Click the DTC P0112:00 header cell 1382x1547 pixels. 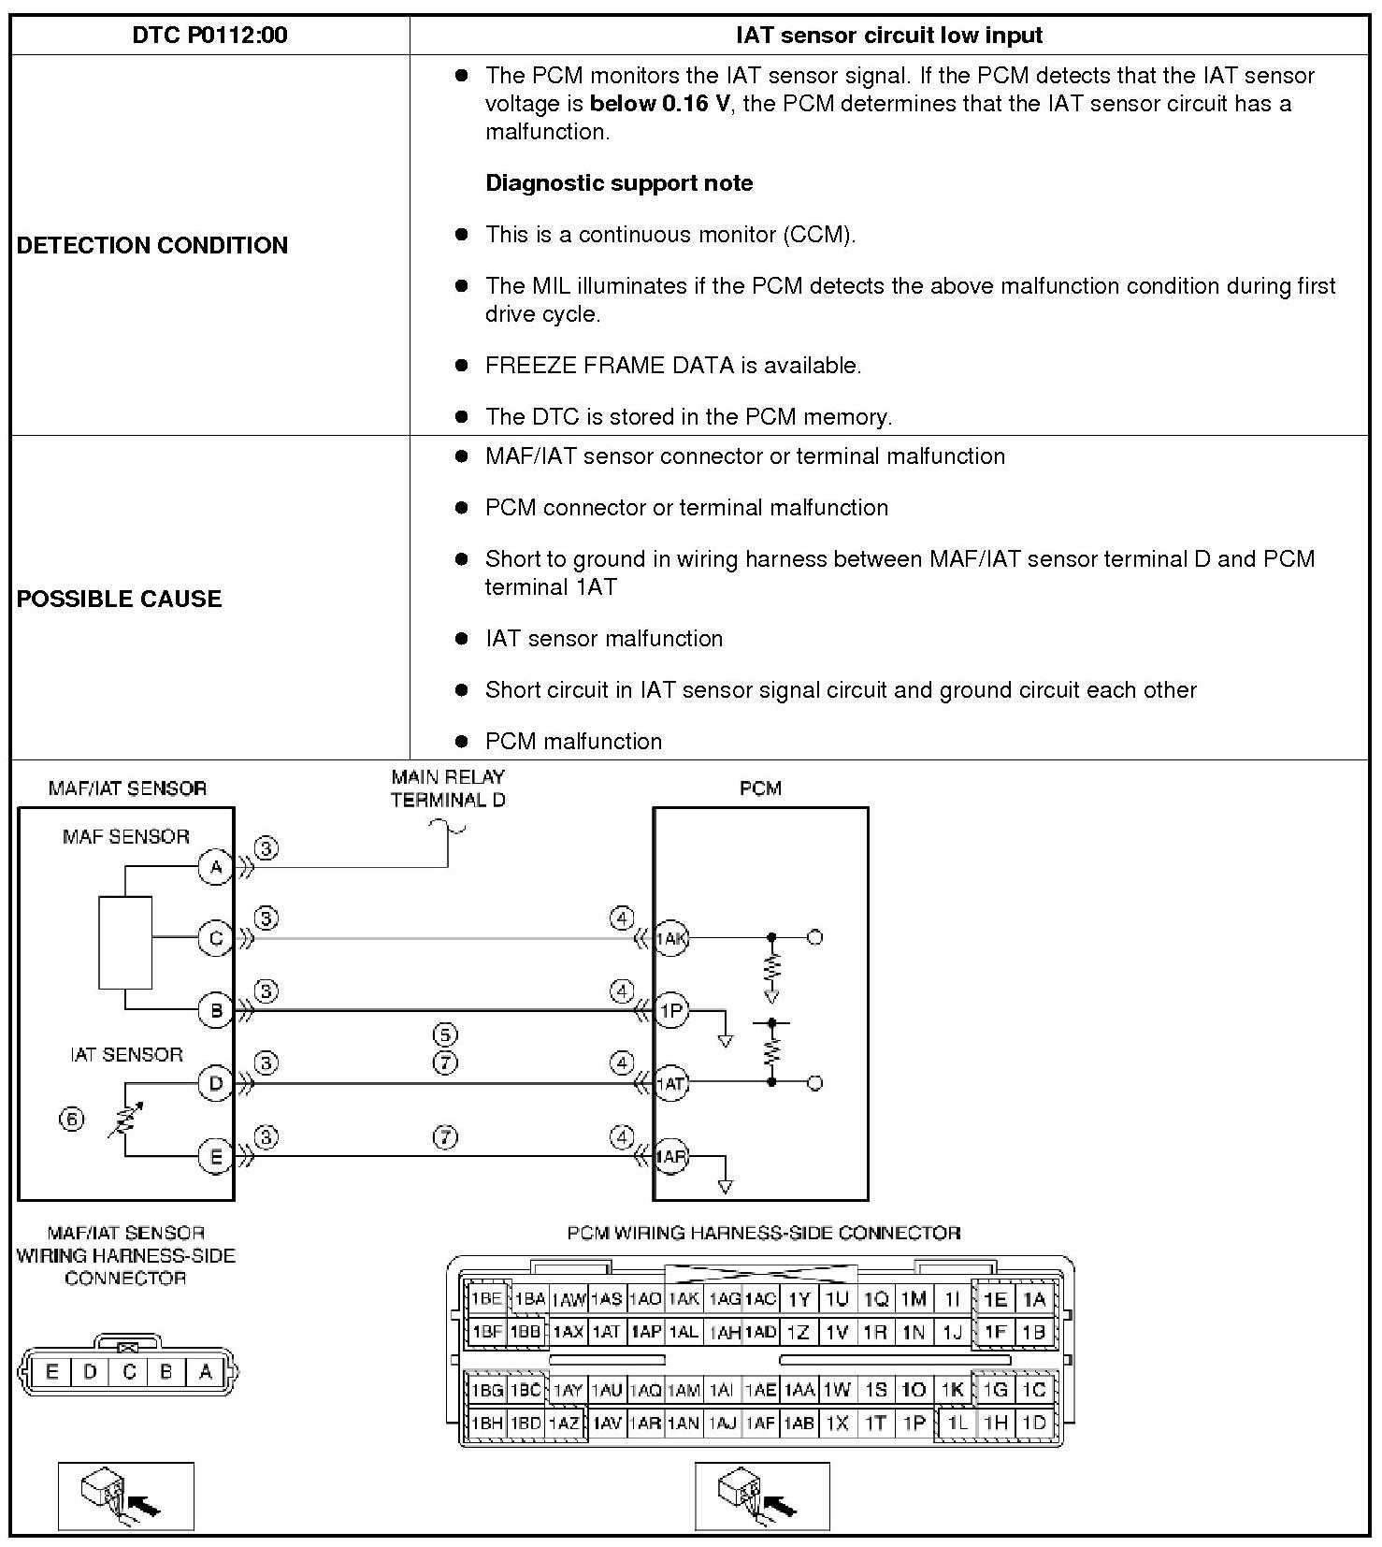pos(209,36)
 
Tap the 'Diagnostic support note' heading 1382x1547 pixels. pos(619,183)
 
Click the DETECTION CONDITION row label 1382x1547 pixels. pos(152,245)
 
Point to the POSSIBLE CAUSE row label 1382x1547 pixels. pos(119,599)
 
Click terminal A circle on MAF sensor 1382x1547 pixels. pos(215,868)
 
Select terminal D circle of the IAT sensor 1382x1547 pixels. pos(215,1083)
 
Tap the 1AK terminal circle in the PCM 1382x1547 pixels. pos(670,938)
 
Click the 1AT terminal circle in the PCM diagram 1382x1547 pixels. pos(670,1084)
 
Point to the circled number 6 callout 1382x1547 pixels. pos(72,1119)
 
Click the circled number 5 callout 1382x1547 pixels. pos(445,1034)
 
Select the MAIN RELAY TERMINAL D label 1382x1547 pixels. pos(448,788)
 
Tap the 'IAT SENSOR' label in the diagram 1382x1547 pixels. pos(126,1055)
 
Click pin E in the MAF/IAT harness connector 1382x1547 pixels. pos(51,1372)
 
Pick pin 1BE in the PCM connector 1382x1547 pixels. pos(486,1298)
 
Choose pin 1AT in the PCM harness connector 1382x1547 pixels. pos(606,1332)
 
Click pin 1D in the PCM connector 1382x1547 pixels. pos(1033,1423)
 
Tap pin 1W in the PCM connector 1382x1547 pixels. pos(837,1390)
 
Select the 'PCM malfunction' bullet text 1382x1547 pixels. pos(573,742)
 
